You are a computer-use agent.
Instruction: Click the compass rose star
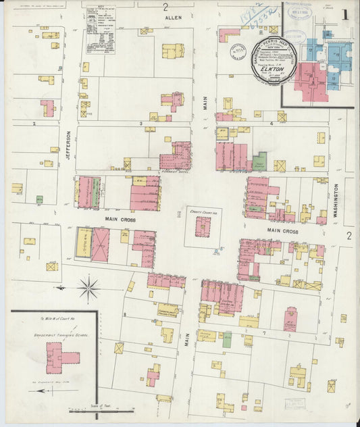pyautogui.click(x=88, y=288)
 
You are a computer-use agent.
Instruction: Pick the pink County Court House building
pyautogui.click(x=202, y=226)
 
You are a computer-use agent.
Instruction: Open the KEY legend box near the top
pyautogui.click(x=101, y=29)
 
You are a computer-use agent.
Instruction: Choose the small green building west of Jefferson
pyautogui.click(x=39, y=199)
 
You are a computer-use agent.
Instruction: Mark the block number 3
pyautogui.click(x=140, y=124)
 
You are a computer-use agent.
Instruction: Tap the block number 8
pyautogui.click(x=124, y=314)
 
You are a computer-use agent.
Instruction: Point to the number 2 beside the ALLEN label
pyautogui.click(x=165, y=7)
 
